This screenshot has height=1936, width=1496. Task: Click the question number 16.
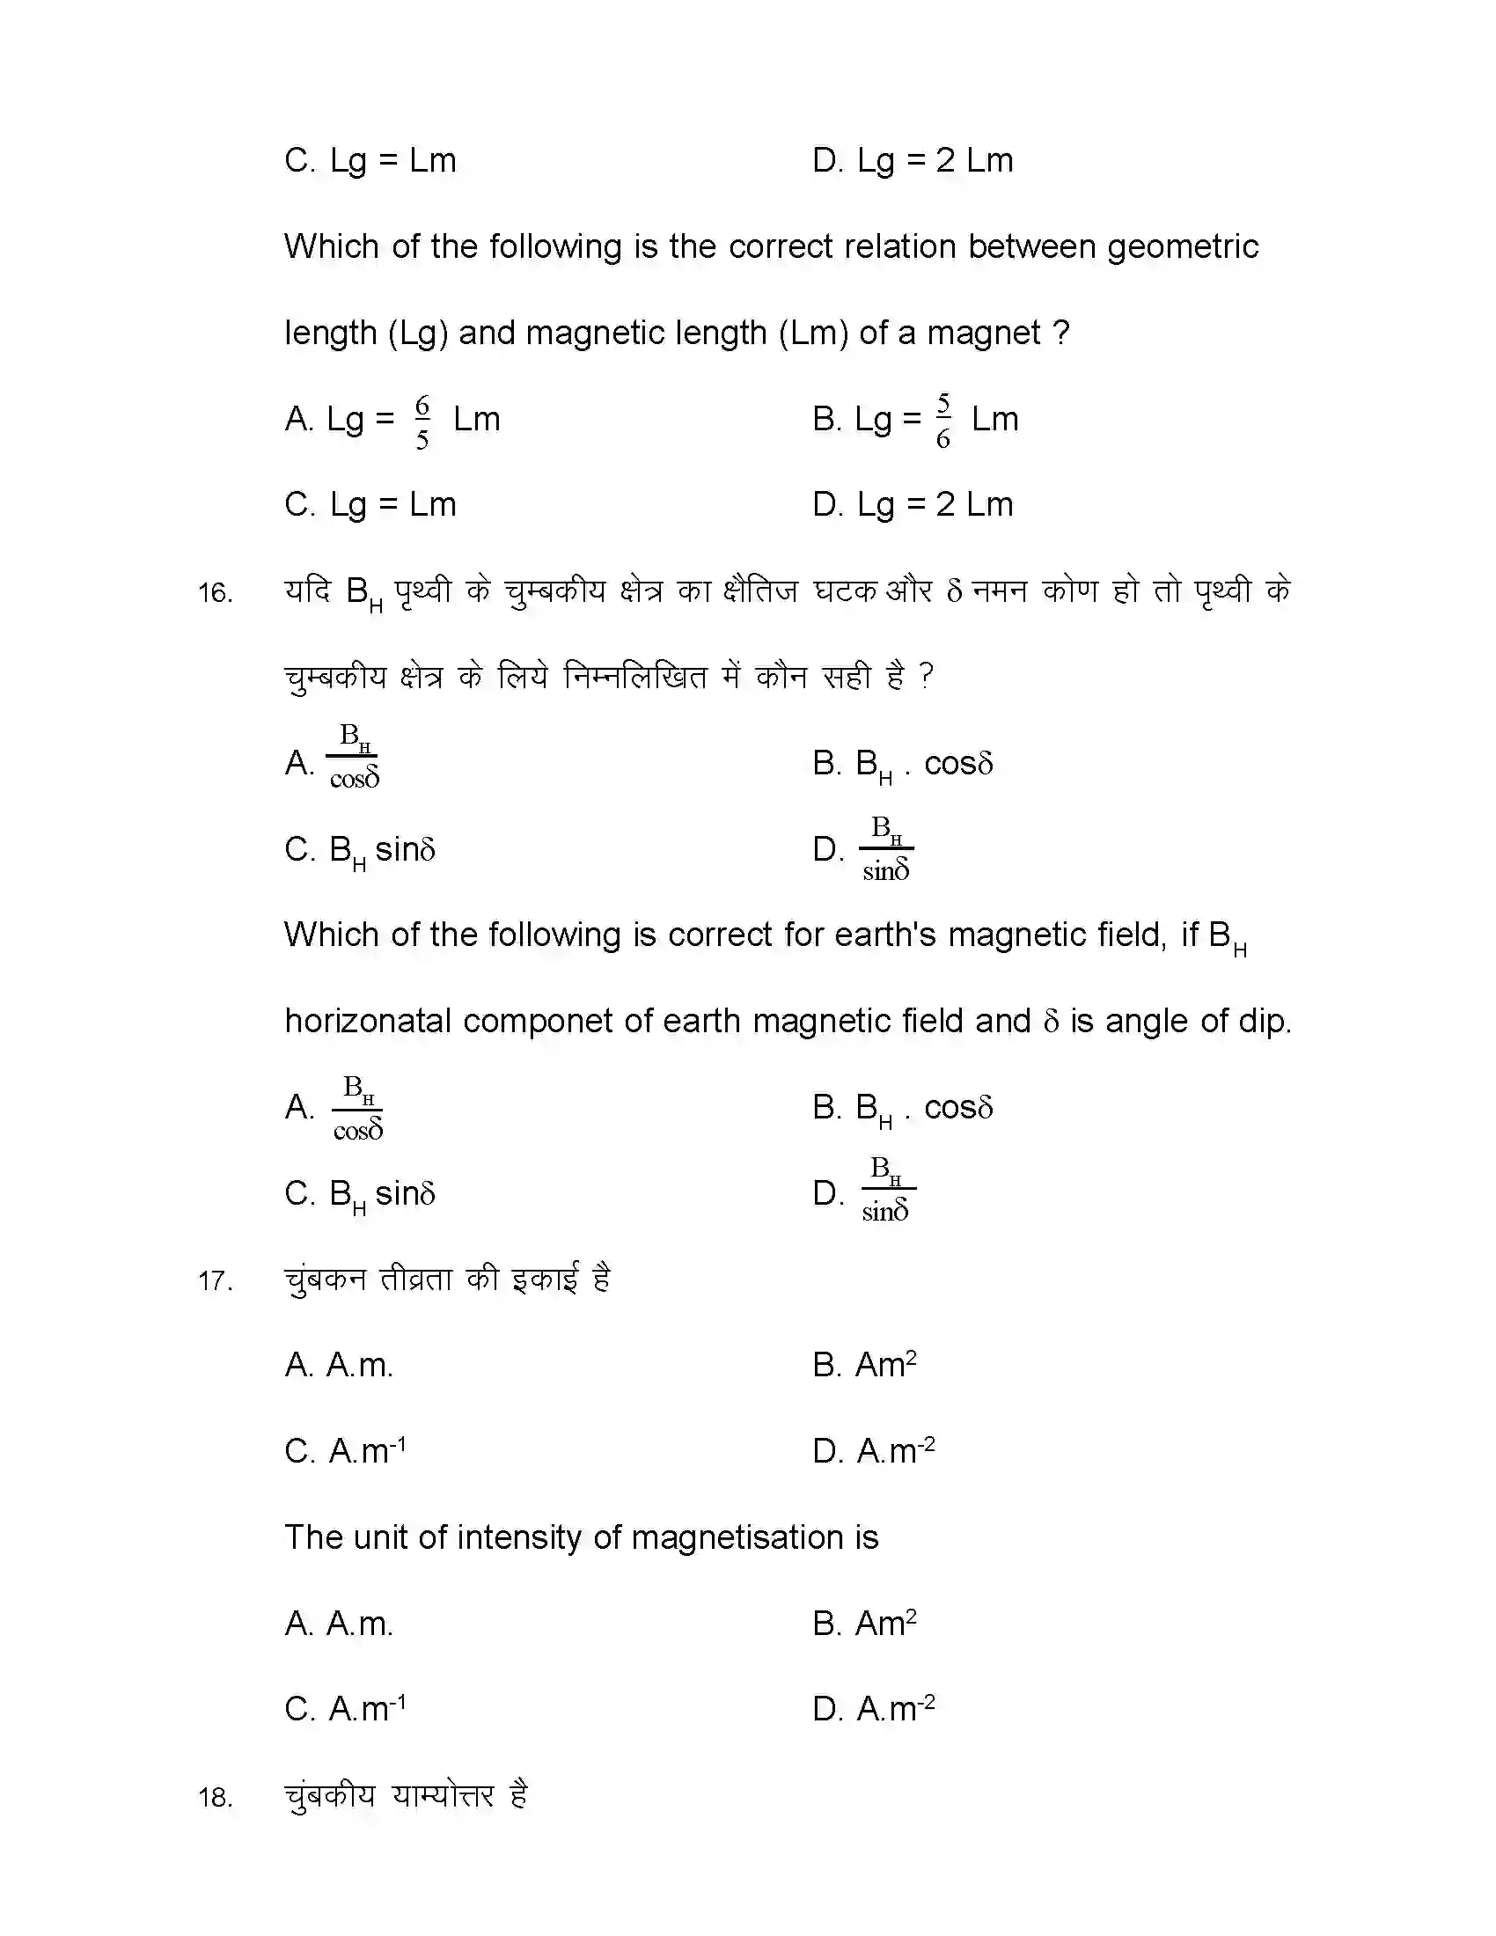216,593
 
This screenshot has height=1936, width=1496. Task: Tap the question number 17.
216,1282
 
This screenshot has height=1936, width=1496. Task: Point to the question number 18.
216,1798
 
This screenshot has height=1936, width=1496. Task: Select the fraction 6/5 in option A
422,422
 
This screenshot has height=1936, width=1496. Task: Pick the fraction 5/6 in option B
943,421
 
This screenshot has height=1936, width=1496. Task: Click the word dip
1265,1021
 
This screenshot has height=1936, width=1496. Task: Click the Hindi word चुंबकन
325,1280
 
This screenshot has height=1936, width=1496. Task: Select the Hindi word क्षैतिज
760,590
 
